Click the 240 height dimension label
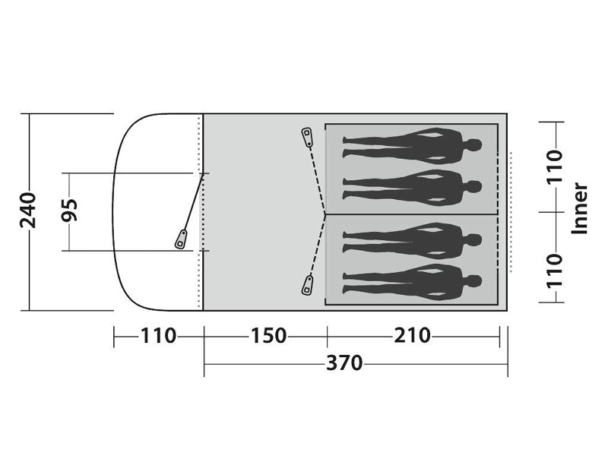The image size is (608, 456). tap(28, 211)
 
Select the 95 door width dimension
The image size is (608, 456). tap(70, 211)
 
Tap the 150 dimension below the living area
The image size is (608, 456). tap(268, 336)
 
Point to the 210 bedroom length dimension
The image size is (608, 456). tap(412, 336)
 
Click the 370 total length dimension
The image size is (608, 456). tap(344, 363)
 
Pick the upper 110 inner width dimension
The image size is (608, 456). tap(555, 166)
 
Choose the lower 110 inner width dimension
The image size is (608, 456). tap(555, 271)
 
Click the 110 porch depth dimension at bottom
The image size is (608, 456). tap(158, 336)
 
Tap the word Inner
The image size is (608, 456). tap(580, 208)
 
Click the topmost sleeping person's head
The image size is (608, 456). tap(473, 146)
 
